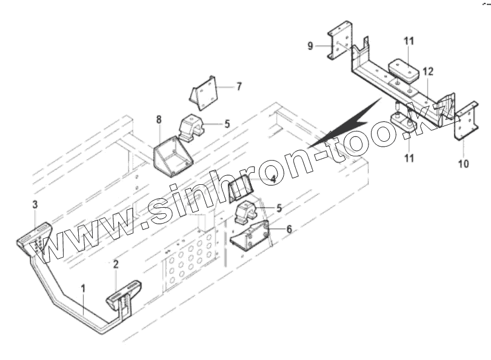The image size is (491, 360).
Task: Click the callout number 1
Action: click(84, 288)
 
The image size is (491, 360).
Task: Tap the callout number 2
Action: click(115, 264)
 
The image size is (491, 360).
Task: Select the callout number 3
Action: click(35, 204)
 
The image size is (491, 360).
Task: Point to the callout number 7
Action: click(239, 86)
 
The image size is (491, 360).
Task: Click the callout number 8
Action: click(159, 119)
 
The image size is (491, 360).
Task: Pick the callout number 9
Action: click(310, 45)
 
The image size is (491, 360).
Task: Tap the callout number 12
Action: click(428, 72)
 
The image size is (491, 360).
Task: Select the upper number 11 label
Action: click(409, 41)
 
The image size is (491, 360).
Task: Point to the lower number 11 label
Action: click(409, 158)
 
